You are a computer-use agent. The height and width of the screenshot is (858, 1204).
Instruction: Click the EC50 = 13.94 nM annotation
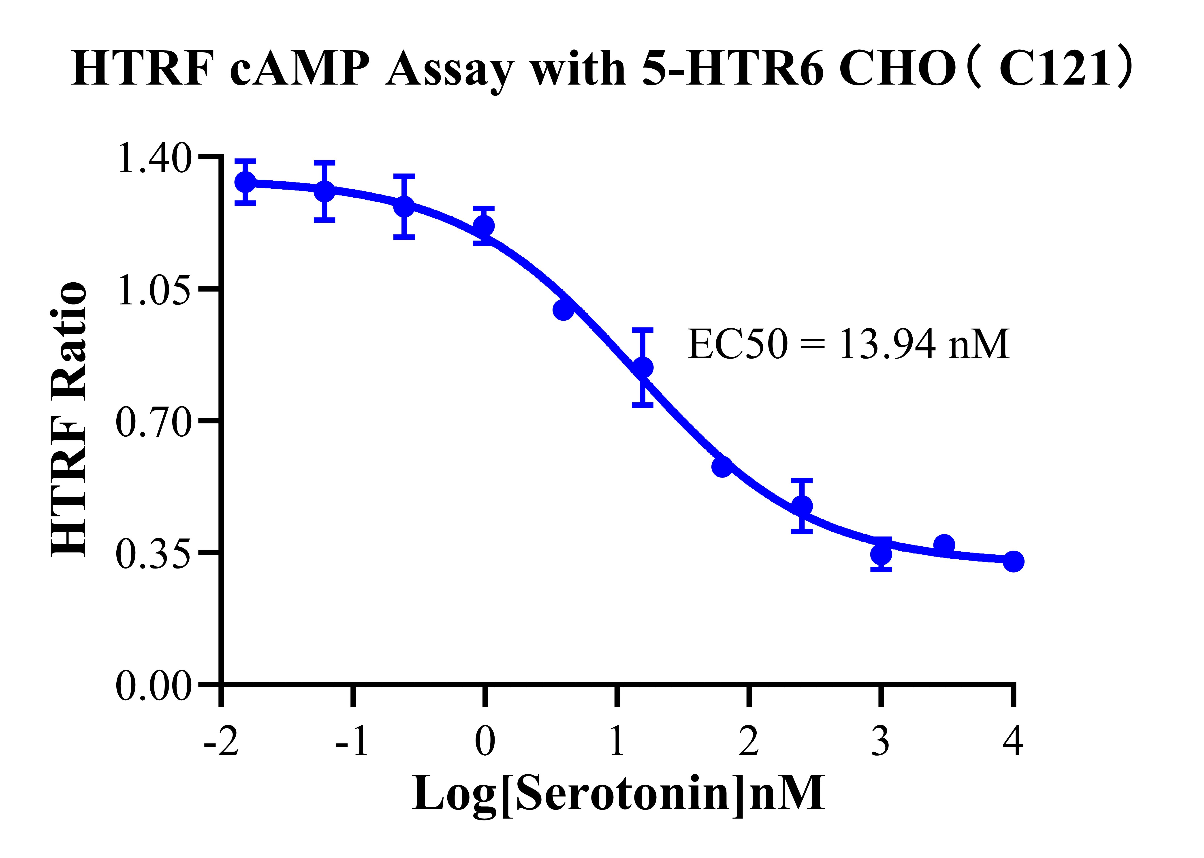pos(848,344)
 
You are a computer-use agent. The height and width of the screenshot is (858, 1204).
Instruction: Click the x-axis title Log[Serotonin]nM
pos(618,794)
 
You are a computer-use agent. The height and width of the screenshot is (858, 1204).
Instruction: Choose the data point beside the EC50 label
pos(643,367)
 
